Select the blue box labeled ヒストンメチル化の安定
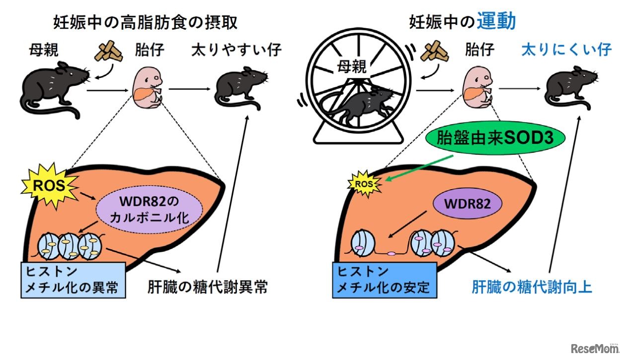(384, 280)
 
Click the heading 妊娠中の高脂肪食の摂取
(145, 22)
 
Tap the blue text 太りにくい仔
(566, 50)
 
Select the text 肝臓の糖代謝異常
(208, 287)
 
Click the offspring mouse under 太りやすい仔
(239, 89)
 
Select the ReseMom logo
(594, 348)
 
